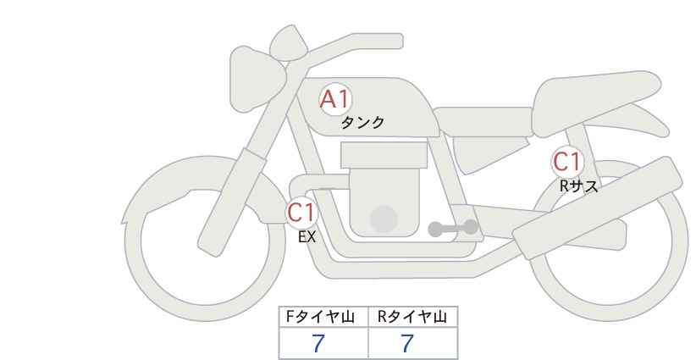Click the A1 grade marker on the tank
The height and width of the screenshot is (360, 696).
coord(335,99)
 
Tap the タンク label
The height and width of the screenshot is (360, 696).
coord(362,123)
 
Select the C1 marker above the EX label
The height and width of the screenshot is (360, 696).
coord(301,213)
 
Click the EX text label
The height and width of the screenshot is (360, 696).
coord(307,237)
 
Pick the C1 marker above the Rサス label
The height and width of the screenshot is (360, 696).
coord(566,162)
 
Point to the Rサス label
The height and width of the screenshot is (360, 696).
coord(578,186)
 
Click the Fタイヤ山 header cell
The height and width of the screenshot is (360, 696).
coord(323,317)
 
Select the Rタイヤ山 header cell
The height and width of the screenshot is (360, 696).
coord(413,317)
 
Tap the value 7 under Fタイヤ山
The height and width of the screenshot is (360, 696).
coord(318,344)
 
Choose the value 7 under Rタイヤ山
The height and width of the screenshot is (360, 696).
coord(407,344)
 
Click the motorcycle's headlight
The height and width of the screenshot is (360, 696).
coord(256,79)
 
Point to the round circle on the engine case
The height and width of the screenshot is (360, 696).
coord(384,219)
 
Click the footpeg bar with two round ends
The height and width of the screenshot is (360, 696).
coord(453,228)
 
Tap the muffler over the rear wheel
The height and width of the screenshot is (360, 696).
coord(598,208)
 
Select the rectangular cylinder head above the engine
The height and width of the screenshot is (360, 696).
coord(384,155)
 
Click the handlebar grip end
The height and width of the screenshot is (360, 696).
coord(390,42)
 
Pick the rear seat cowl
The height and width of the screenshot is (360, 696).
coord(597,102)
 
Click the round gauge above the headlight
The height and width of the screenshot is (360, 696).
coord(289,43)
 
